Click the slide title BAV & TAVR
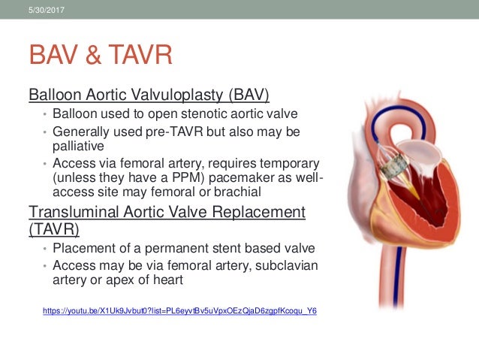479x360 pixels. tap(101, 55)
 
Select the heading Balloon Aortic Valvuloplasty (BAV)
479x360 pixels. tap(149, 95)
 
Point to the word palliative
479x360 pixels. tap(77, 146)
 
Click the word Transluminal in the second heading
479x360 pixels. tap(72, 212)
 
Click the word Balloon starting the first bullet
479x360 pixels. tap(75, 114)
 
